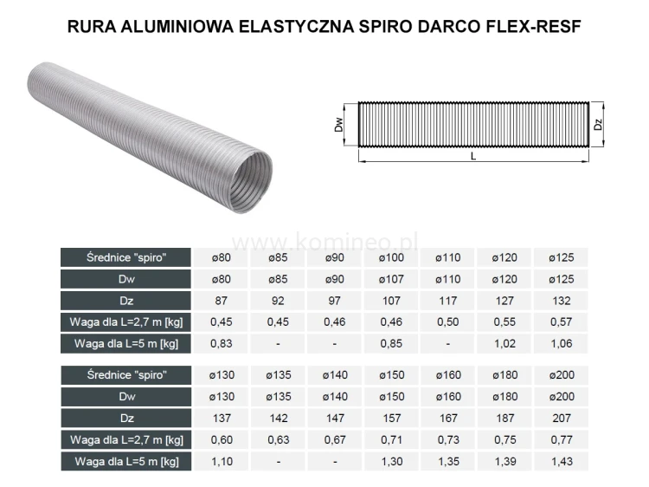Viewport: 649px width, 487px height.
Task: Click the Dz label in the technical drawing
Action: pos(598,125)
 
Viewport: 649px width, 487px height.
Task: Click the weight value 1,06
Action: pos(561,343)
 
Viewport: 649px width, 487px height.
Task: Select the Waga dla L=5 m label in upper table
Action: pos(126,343)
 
